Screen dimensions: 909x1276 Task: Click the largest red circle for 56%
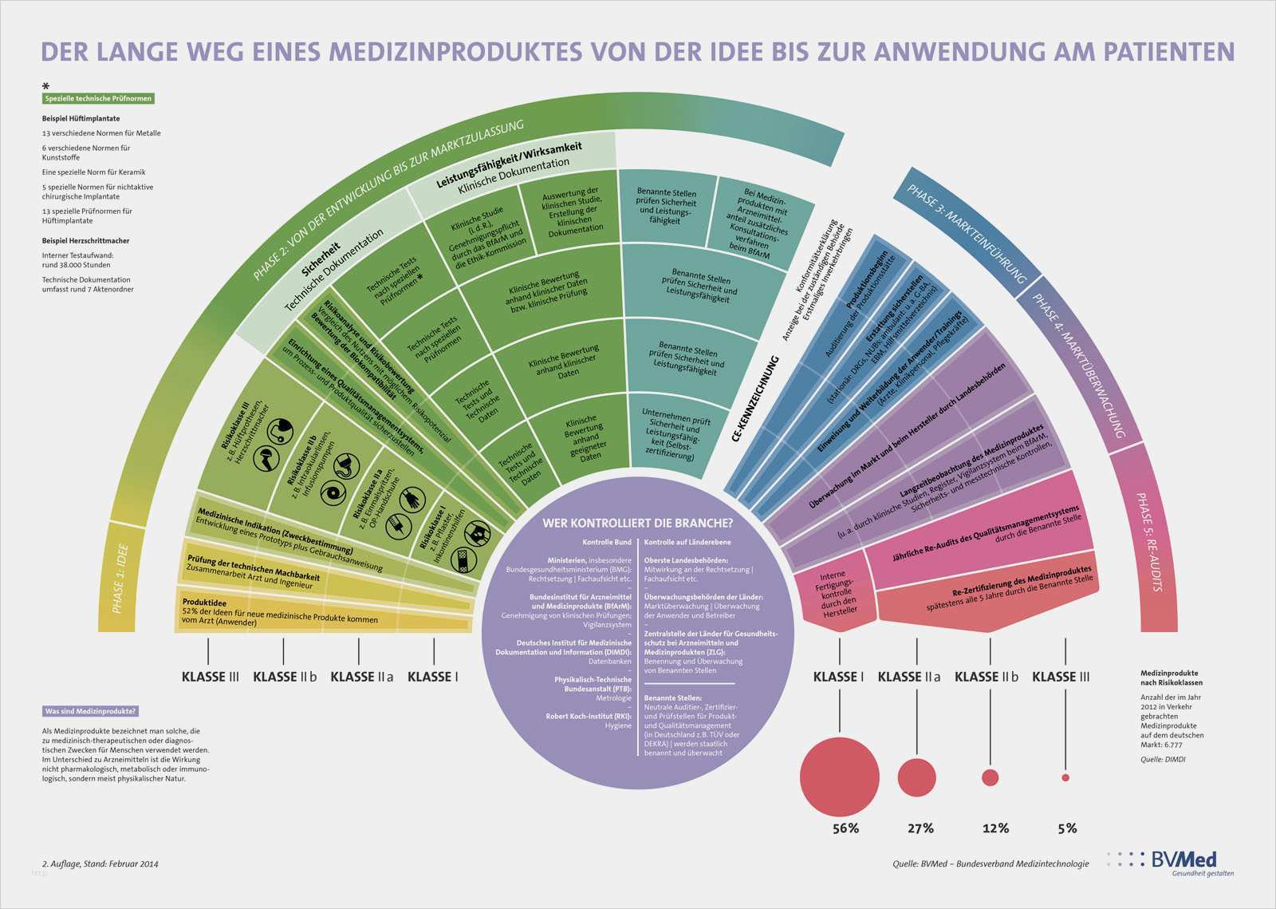tap(839, 777)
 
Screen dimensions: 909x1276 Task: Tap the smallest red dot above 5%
tap(1065, 777)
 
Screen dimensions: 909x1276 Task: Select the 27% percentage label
tap(920, 828)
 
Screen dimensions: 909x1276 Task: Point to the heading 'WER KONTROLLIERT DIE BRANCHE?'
tap(637, 524)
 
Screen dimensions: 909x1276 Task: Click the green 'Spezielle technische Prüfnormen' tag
tap(98, 99)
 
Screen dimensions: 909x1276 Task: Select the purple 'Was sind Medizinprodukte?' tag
tap(91, 711)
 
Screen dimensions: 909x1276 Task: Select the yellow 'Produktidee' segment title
tap(204, 603)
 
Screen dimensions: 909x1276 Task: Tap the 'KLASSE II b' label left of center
tap(285, 677)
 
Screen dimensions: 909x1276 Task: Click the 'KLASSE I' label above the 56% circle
tap(838, 677)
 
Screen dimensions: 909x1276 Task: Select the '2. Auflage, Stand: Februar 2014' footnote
tap(100, 864)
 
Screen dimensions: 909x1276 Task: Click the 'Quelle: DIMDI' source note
tap(1163, 759)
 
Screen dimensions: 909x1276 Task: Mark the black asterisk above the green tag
tap(46, 86)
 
